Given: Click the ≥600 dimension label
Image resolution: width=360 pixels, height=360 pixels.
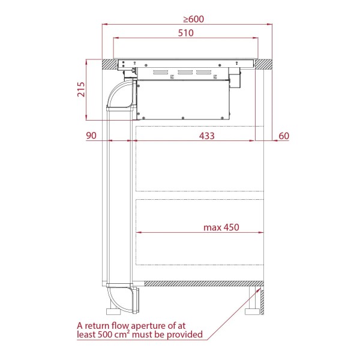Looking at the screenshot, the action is pyautogui.click(x=194, y=19).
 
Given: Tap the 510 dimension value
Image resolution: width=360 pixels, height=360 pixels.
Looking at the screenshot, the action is pyautogui.click(x=186, y=33).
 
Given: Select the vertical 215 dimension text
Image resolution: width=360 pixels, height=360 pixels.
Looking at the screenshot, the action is pyautogui.click(x=81, y=89).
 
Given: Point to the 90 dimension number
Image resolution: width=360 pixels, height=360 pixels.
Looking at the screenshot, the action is pyautogui.click(x=91, y=136).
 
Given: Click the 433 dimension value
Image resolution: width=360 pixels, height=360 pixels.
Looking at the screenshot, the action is pyautogui.click(x=206, y=136).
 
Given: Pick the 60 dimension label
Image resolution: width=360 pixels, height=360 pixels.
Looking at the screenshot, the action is pyautogui.click(x=284, y=136).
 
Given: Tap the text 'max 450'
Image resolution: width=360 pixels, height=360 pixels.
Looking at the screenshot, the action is pyautogui.click(x=221, y=227).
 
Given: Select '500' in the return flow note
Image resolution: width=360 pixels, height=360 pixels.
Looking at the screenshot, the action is pyautogui.click(x=106, y=335).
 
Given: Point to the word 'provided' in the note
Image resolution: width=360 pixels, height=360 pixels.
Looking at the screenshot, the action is pyautogui.click(x=185, y=335).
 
